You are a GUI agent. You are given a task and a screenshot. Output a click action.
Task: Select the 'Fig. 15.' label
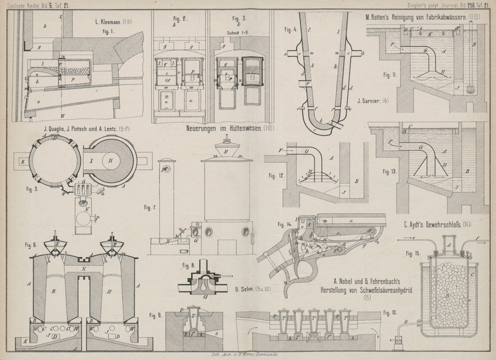[413, 253]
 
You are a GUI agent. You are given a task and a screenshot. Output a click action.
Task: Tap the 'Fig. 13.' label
[391, 170]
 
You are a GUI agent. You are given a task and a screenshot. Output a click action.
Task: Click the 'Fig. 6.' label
[32, 244]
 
